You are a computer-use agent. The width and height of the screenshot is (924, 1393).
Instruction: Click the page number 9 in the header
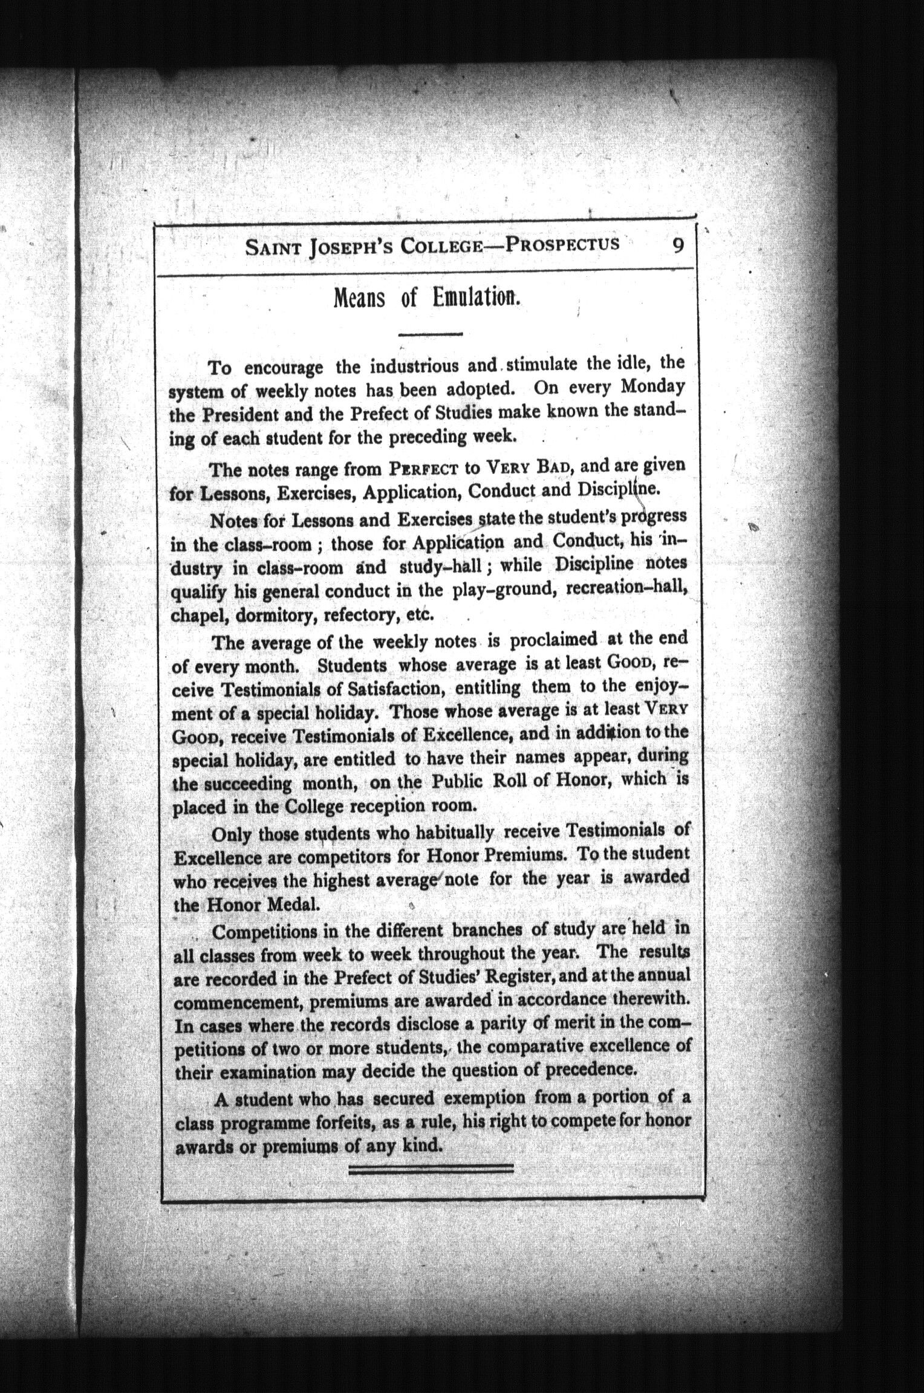(x=678, y=246)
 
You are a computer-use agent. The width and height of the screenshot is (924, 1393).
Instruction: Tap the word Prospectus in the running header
(x=562, y=244)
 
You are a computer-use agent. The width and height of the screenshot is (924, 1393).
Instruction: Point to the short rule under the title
(x=431, y=334)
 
